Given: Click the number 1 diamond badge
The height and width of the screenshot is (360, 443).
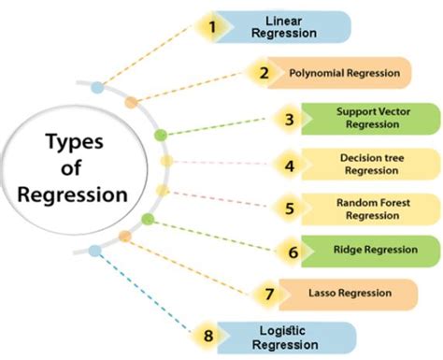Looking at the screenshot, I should click(212, 27).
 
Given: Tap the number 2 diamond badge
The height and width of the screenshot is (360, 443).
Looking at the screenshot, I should click(264, 72).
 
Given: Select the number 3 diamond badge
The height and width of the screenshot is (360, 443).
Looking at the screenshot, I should click(290, 120).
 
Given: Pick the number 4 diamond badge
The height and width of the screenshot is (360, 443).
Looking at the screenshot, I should click(290, 166).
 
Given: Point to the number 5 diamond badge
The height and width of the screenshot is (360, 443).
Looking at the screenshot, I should click(290, 209).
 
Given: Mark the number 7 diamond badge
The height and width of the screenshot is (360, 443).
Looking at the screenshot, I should click(269, 295).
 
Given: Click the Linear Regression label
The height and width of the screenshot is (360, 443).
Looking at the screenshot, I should click(291, 27).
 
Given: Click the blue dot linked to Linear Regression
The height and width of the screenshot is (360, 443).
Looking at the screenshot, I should click(97, 89).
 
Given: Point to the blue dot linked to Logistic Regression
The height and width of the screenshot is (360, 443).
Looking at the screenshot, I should click(93, 250).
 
